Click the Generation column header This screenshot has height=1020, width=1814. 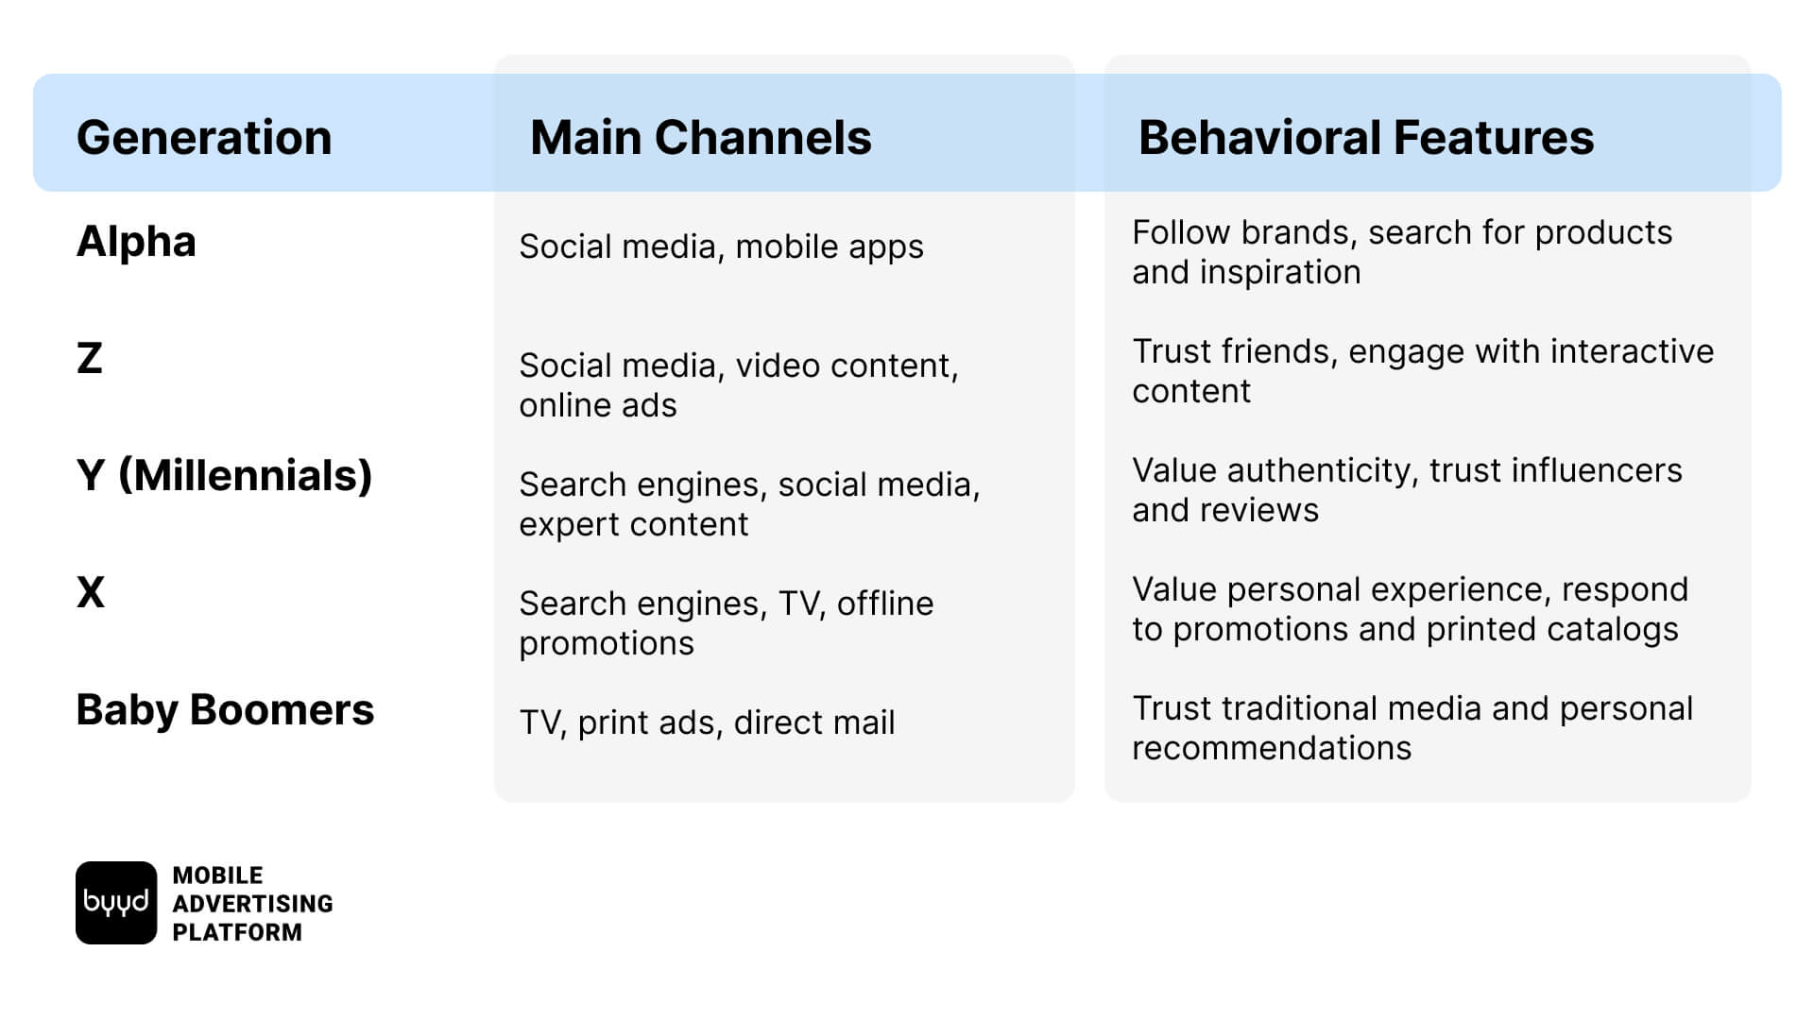pos(204,138)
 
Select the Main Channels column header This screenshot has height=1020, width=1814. pos(701,138)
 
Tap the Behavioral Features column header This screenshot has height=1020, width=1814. pos(1366,138)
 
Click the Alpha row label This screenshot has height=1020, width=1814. pos(136,242)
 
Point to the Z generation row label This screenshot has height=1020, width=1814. pos(89,359)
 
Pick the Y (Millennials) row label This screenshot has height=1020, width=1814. pos(225,476)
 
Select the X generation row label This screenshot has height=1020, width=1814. pos(91,593)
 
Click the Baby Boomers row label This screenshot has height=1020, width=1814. pos(225,710)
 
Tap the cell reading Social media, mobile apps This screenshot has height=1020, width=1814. pos(722,247)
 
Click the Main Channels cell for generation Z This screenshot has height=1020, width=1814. pos(739,385)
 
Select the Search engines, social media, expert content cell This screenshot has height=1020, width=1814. pos(750,504)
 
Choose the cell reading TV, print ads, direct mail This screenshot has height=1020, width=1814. pos(707,723)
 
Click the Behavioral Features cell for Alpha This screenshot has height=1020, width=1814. pos(1402,252)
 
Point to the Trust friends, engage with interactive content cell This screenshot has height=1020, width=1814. pos(1423,371)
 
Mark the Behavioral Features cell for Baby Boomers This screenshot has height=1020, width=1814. pos(1412,728)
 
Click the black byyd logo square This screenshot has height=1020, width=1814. pos(116,903)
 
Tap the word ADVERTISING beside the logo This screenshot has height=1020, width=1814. pos(253,904)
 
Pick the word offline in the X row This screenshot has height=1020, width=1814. pos(885,603)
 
